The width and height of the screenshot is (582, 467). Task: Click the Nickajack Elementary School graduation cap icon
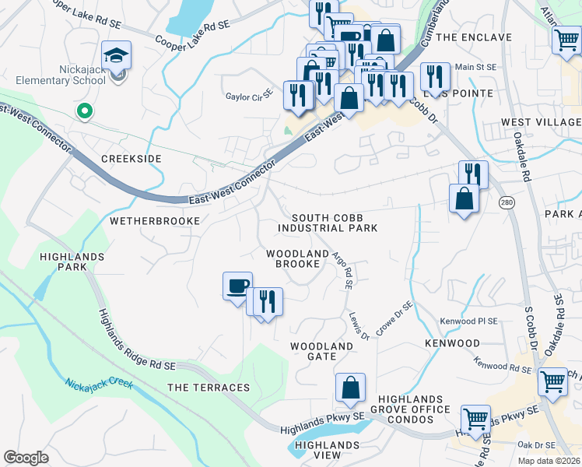coord(116,55)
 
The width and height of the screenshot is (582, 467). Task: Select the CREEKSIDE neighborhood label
coord(131,159)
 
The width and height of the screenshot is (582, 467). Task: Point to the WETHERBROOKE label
coord(155,221)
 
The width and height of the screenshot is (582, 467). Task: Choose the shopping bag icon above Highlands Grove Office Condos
coord(350,388)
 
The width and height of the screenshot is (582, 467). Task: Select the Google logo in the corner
coord(26,458)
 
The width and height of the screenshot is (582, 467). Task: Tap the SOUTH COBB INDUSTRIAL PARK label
coord(328,223)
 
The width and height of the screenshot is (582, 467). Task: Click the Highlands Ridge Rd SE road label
coord(137,340)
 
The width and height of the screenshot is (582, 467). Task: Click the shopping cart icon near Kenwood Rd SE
coord(552,381)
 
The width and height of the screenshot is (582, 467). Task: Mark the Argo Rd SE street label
coord(343,270)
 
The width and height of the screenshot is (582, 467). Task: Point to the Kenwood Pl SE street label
coord(467,321)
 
